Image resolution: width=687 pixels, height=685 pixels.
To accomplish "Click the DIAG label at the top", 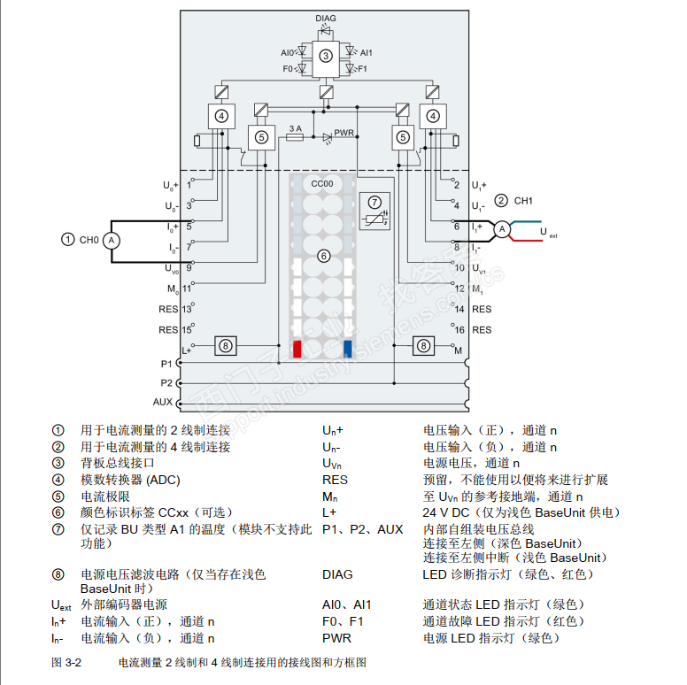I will (326, 17).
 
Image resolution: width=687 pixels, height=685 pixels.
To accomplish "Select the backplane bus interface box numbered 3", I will (326, 55).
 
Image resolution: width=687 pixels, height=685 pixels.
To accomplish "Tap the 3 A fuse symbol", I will (295, 137).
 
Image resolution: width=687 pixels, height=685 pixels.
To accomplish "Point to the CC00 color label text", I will (323, 182).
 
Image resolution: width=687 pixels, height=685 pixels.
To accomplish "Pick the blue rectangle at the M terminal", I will (348, 348).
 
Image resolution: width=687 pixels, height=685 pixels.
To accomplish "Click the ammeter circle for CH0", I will (112, 239).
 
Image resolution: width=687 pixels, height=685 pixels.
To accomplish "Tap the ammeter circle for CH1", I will (501, 229).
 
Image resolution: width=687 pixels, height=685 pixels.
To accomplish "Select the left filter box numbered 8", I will (226, 346).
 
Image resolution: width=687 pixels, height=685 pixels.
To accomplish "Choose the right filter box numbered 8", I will (424, 346).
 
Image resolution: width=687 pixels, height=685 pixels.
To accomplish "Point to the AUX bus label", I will (163, 402).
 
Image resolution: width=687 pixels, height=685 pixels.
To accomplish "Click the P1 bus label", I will (166, 364).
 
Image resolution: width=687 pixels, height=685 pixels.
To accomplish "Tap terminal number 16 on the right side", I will (460, 329).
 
